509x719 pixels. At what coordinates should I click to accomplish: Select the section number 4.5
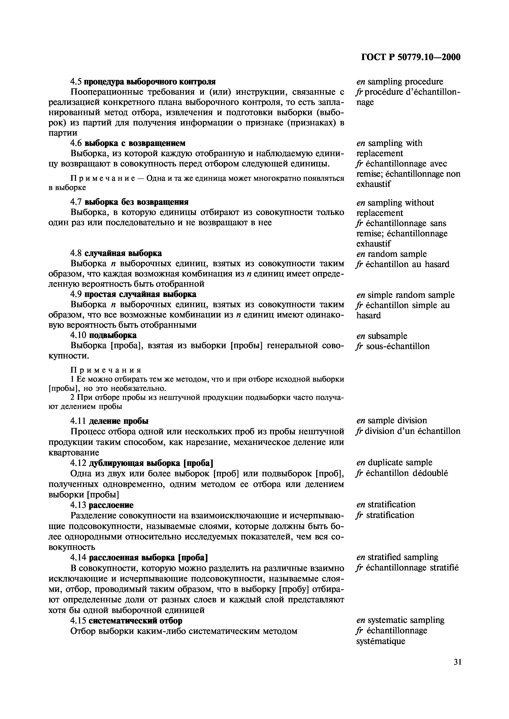(x=76, y=82)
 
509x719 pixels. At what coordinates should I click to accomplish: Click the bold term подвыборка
(x=113, y=335)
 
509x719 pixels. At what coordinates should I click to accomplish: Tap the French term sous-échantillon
(x=398, y=346)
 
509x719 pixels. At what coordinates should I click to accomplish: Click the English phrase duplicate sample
(x=400, y=463)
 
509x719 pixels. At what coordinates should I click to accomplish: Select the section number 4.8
(x=76, y=253)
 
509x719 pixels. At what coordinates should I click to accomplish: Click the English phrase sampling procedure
(x=406, y=82)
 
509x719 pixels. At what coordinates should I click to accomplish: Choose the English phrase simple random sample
(x=411, y=295)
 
